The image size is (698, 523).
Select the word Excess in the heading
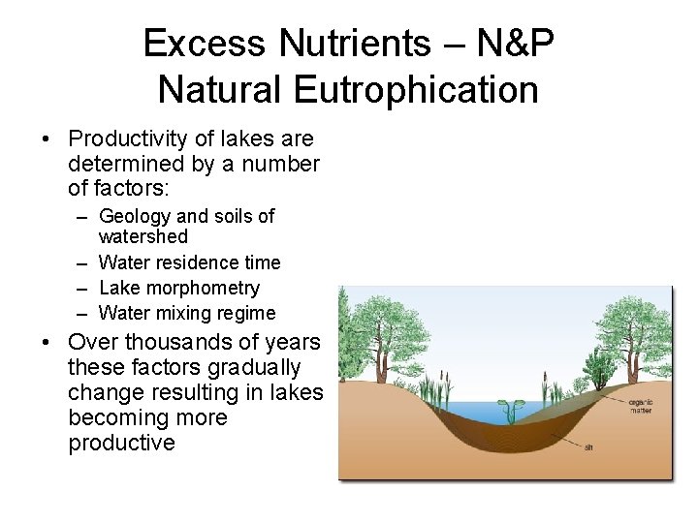203,44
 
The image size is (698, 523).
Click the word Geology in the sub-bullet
134,216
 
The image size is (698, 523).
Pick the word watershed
143,236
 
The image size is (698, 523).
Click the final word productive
122,444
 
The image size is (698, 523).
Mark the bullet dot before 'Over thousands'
48,343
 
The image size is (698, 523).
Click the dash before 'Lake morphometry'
78,288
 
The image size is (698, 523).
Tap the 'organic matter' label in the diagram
640,407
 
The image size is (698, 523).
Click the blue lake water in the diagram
475,411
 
